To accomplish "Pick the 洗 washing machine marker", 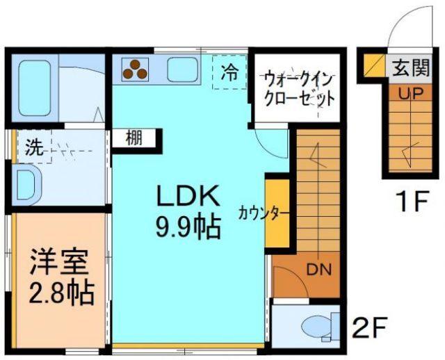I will pos(33,147).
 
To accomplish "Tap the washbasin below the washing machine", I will pos(29,185).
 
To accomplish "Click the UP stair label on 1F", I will pos(406,93).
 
